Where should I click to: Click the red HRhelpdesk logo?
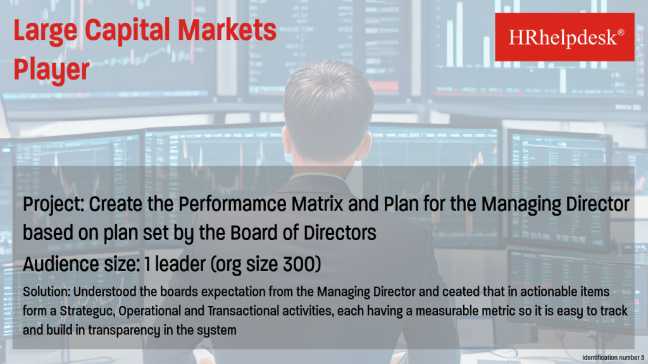point(564,37)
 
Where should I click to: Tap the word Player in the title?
point(52,70)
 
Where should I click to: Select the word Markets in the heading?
point(227,30)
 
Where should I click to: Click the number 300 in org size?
point(299,264)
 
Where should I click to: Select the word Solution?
point(46,292)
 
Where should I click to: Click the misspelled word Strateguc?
point(87,311)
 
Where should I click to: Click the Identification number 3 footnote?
point(613,358)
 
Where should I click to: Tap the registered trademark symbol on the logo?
point(621,32)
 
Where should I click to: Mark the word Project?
point(53,205)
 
